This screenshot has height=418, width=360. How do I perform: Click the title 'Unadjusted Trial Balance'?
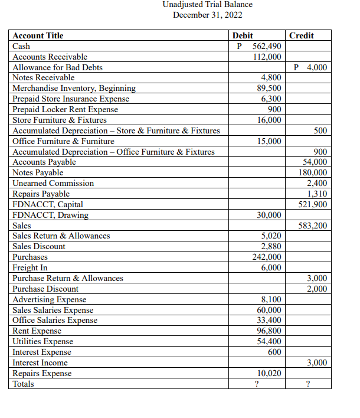coord(207,5)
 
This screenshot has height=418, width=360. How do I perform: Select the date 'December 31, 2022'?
coord(207,15)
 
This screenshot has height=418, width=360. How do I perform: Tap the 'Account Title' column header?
coord(38,35)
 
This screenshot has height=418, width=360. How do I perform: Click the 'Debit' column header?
coord(243,35)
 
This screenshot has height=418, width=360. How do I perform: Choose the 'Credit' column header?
coord(302,35)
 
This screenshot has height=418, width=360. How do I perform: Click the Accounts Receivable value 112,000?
coord(267,57)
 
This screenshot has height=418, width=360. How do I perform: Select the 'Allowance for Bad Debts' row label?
coord(58,67)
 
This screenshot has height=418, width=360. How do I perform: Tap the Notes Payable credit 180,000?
coord(313,173)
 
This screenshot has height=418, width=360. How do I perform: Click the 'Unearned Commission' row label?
coord(53,184)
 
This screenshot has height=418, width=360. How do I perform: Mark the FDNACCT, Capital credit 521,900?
coord(313,205)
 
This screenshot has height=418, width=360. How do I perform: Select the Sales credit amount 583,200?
coord(313,226)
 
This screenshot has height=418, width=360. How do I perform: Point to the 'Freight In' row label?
coord(30,268)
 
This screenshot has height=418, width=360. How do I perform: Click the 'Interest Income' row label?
coord(40,363)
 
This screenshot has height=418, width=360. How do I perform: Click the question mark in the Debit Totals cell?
coord(256,384)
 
